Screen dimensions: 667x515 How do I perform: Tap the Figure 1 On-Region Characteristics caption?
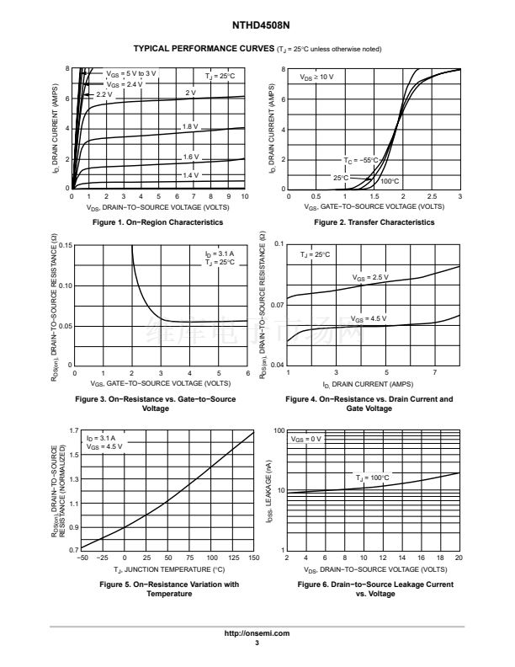point(158,222)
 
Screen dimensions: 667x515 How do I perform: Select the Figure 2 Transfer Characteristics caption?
point(374,222)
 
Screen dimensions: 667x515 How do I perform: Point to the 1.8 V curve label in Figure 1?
point(190,126)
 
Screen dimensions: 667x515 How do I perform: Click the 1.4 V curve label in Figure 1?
point(190,175)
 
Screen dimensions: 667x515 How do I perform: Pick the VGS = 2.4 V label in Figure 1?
point(124,84)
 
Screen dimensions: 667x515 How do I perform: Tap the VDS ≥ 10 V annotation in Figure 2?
point(316,77)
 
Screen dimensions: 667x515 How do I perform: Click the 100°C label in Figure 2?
point(390,181)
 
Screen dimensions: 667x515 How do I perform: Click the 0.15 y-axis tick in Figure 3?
point(66,246)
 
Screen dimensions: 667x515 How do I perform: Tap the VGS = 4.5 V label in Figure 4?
point(369,319)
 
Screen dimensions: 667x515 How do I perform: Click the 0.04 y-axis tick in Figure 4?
point(278,366)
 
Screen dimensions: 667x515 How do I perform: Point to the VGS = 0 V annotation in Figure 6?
point(306,439)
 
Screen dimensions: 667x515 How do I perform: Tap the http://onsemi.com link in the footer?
point(257,632)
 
